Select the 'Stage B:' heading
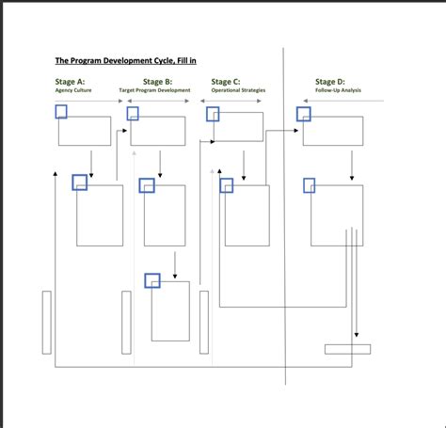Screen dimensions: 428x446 pos(156,82)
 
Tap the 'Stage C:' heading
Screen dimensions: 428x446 pos(225,82)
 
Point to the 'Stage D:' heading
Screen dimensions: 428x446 pos(329,82)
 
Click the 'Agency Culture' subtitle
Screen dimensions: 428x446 pos(73,91)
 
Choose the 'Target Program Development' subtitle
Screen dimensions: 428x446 pos(155,91)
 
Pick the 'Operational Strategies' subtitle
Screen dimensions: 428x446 pos(238,91)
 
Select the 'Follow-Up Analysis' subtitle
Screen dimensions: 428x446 pos(338,91)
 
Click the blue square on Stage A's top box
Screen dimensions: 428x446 pos(61,112)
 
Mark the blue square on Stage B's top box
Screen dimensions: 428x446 pos(133,113)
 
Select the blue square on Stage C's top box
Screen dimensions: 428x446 pos(213,114)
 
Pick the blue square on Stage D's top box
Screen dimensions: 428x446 pos(304,114)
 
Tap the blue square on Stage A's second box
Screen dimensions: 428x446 pos(80,182)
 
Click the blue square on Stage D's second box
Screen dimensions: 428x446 pos(309,185)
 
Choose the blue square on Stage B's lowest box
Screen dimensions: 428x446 pos(152,279)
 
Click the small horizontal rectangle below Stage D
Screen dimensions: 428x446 pos(347,349)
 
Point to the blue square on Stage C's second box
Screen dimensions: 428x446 pos(227,185)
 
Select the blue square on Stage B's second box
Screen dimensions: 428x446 pos(147,185)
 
